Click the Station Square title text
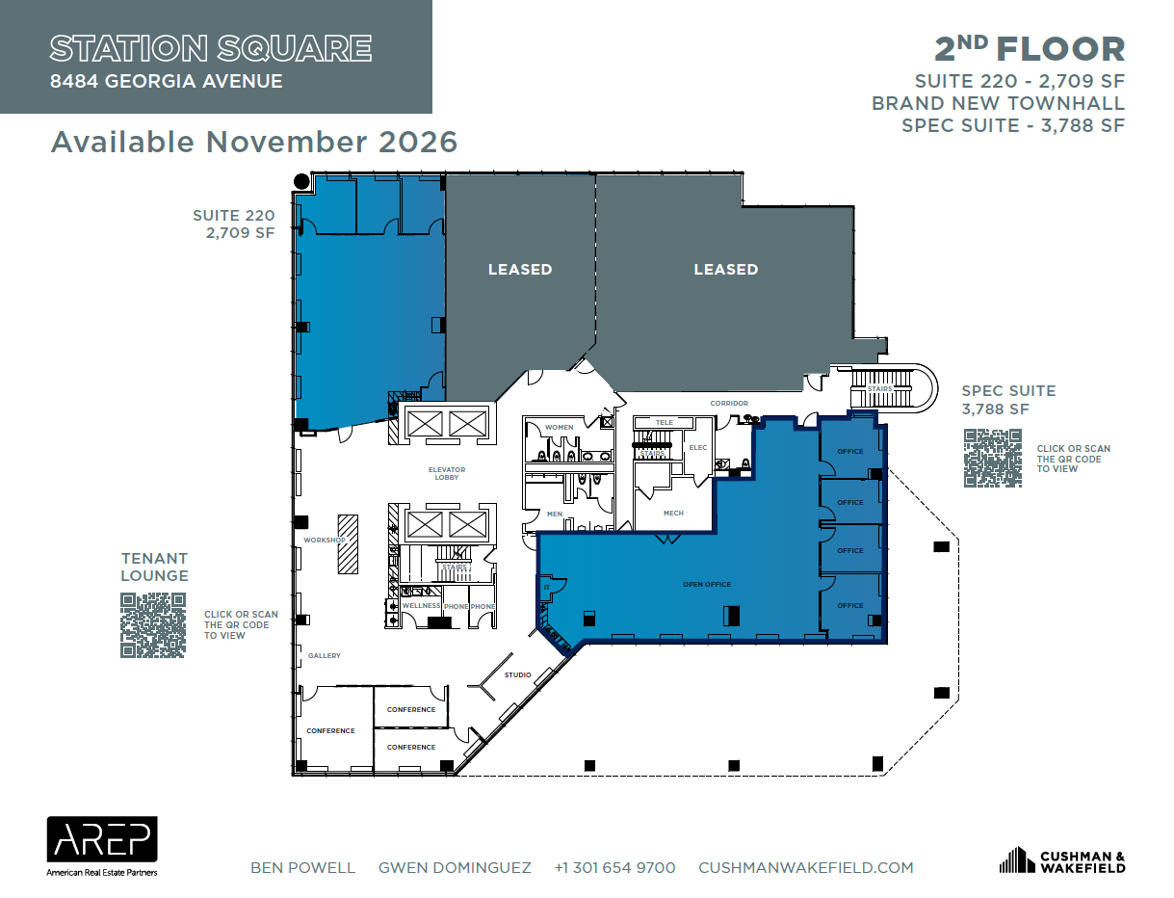coord(211,48)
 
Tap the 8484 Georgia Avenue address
coord(167,82)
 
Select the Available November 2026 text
coord(254,142)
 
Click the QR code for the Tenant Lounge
coord(153,625)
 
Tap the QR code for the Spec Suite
coord(992,458)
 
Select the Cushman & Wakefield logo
coord(1061,860)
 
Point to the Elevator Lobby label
coord(447,473)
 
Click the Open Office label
coord(707,585)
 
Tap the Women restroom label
coord(559,427)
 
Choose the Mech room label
coord(673,513)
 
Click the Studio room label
coord(517,674)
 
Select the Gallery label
coord(325,655)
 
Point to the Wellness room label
coord(421,606)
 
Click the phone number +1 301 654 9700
coord(614,868)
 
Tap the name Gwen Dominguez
coord(455,868)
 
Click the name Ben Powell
coord(302,868)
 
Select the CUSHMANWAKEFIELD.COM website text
coord(805,868)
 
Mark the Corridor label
coord(729,404)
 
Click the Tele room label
coord(664,423)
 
